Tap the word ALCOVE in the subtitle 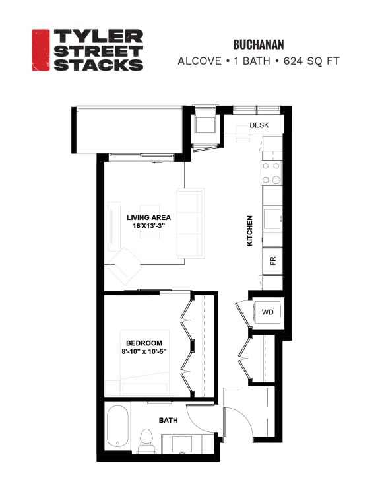pos(199,61)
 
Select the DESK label pos(258,125)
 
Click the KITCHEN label pos(250,230)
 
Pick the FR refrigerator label pos(272,260)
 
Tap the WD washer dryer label pos(268,312)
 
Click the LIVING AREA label pos(148,217)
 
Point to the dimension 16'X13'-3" pos(148,226)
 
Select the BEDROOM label pos(144,343)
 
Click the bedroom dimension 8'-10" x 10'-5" pos(144,351)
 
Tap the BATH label pos(168,419)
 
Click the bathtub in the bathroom pos(119,427)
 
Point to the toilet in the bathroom pos(146,440)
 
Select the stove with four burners pos(271,172)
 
